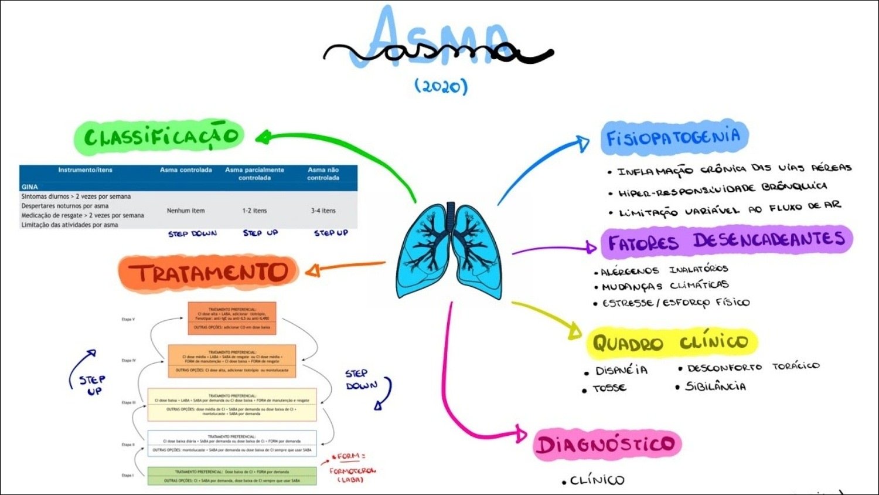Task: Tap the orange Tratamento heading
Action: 208,273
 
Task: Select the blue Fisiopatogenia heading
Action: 674,138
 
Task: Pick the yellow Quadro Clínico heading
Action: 671,343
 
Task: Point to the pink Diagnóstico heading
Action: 607,444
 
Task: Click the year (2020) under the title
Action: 441,86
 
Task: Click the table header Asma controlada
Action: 186,170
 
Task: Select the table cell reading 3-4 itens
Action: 323,211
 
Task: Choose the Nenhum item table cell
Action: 186,211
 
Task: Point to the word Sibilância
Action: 716,386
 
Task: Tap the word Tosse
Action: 609,388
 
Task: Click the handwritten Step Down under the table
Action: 192,233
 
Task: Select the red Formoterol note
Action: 352,470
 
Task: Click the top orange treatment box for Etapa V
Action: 232,318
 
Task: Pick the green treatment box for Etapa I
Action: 231,476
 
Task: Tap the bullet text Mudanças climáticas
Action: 665,286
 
